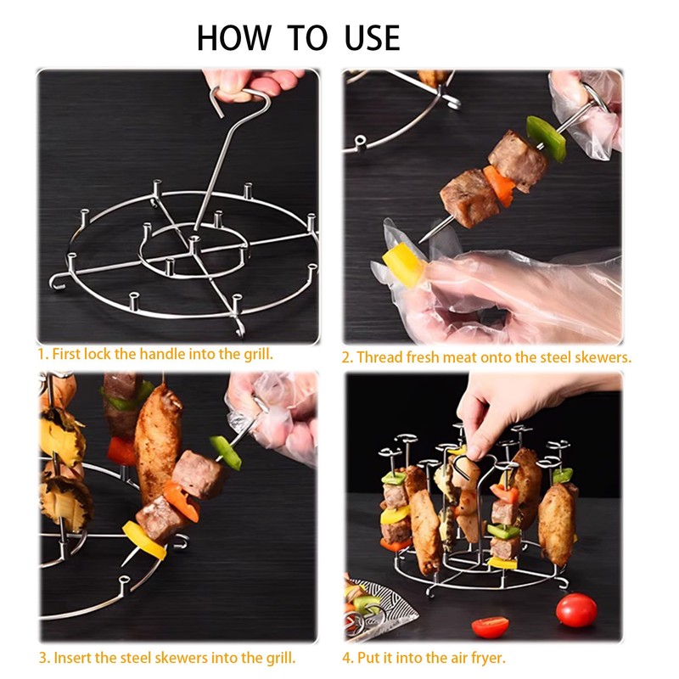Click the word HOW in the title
[x=234, y=38]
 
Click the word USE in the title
[x=372, y=38]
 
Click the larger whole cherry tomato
[x=576, y=610]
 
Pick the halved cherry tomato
[x=491, y=626]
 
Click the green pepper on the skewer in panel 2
[x=546, y=138]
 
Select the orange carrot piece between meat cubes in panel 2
[x=500, y=185]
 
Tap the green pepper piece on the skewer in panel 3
[x=226, y=452]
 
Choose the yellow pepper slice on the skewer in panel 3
[x=144, y=540]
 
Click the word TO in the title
[x=307, y=38]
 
